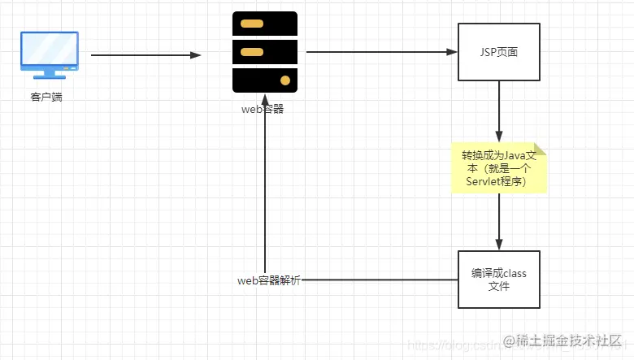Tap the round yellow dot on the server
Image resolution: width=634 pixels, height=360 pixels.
284,80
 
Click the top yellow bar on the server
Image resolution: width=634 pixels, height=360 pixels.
252,23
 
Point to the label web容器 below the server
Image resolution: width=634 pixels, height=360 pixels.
263,110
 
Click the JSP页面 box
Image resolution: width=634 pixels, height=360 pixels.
499,52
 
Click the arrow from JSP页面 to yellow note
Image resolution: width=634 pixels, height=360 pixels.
499,111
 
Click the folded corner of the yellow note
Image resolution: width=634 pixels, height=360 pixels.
541,149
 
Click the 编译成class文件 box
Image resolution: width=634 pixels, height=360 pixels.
499,280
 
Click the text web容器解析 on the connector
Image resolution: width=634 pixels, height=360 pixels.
269,280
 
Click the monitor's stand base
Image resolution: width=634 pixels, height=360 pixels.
49,76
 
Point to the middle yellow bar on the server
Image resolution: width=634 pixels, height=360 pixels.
252,52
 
